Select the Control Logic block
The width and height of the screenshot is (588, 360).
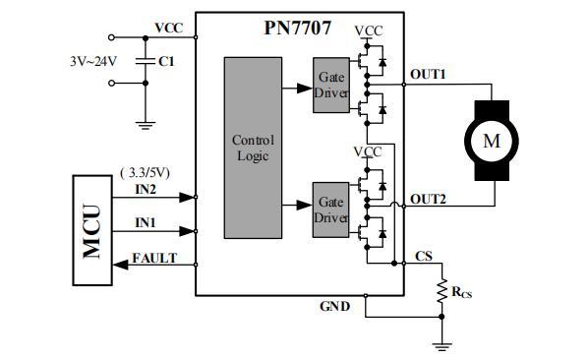tap(253, 148)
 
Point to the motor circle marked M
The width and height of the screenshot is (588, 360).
tap(489, 141)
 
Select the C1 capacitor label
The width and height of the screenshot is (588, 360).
tap(166, 61)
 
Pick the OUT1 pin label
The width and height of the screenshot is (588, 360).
tap(428, 75)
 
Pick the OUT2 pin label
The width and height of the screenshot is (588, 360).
tap(428, 199)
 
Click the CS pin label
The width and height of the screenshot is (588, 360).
tap(423, 256)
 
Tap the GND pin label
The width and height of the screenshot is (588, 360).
tap(333, 306)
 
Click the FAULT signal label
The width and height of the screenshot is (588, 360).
tap(157, 258)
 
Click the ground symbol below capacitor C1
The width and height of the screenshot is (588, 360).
tap(145, 124)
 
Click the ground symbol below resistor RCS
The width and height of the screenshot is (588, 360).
tap(441, 343)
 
